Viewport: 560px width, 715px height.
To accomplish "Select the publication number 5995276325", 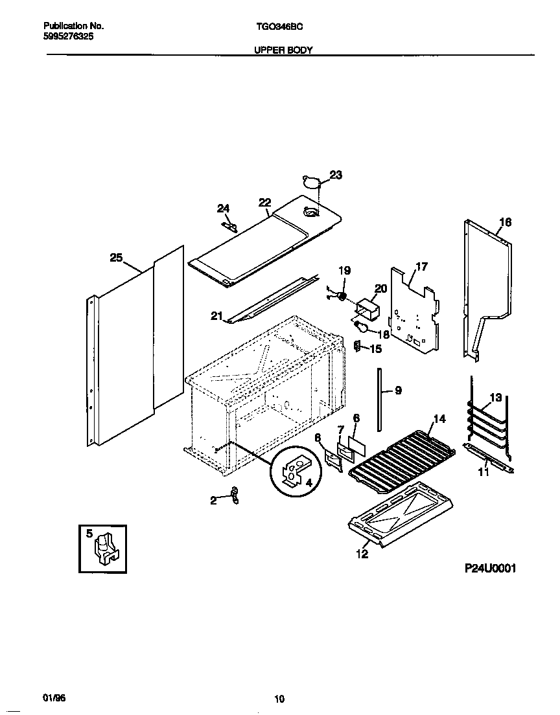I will (64, 38).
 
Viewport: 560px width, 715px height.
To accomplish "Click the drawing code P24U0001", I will (490, 568).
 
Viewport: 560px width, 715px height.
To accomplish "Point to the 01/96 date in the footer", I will (54, 698).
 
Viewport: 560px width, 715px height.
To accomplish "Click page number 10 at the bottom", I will (279, 698).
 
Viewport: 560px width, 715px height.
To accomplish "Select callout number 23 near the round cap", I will (336, 175).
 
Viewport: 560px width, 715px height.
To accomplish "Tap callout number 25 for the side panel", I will (116, 258).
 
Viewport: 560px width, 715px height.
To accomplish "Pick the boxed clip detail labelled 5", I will (103, 549).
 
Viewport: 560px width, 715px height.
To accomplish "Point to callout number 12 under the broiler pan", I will (362, 554).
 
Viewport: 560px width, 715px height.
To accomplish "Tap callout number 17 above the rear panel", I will (421, 266).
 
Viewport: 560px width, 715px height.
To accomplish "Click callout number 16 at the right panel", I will (506, 222).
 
